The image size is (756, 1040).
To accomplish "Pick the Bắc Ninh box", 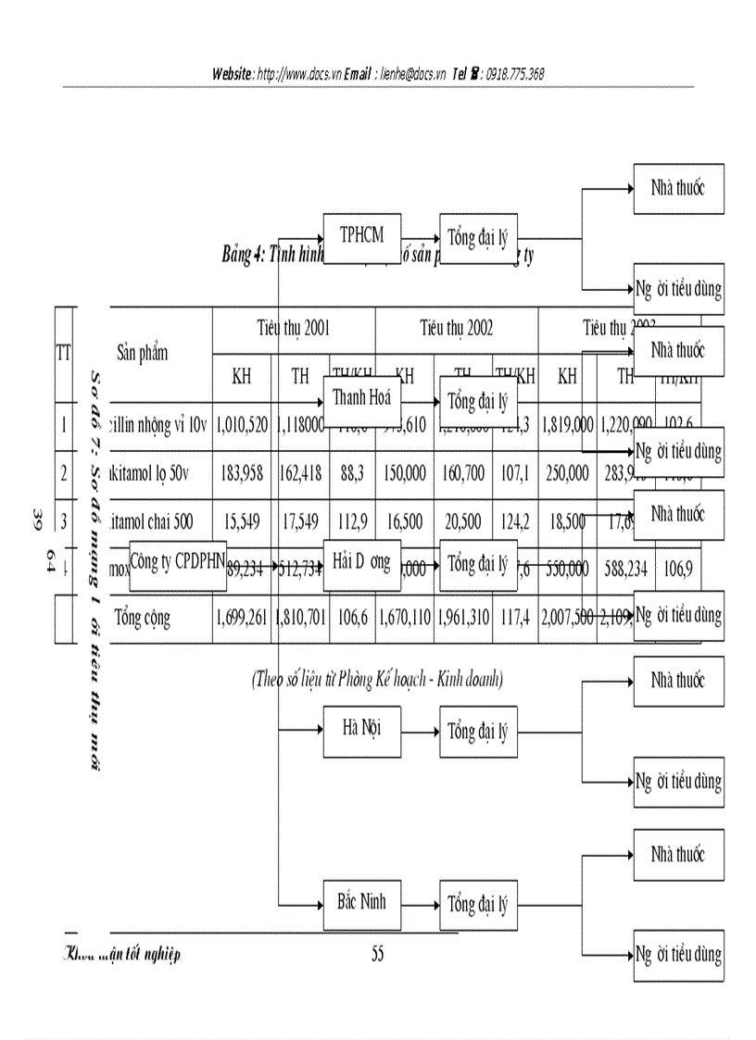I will [361, 901].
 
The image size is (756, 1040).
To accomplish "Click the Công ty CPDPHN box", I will [178, 563].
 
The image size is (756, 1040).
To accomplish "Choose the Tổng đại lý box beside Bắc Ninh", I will [478, 905].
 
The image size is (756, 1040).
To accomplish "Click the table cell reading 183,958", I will [242, 473].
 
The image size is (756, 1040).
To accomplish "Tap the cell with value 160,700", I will [463, 473].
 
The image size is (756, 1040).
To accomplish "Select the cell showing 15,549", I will [242, 521].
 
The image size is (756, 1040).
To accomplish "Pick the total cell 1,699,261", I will [242, 619].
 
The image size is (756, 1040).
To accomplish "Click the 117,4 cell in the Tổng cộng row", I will [514, 619].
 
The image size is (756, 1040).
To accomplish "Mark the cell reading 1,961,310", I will [463, 619].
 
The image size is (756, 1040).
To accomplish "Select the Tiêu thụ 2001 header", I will [294, 328].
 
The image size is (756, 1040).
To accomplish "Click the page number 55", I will [377, 955].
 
